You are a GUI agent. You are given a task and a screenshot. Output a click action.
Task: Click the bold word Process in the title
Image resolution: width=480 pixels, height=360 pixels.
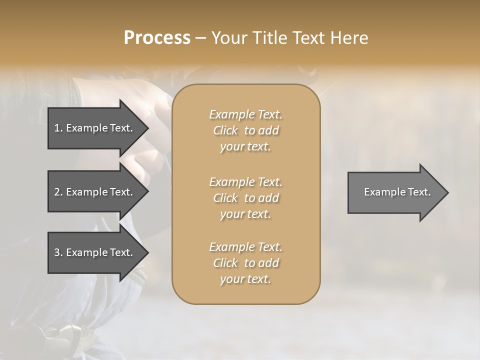pos(157,38)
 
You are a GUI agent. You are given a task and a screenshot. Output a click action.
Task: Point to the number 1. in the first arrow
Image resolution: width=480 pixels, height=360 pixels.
pos(58,128)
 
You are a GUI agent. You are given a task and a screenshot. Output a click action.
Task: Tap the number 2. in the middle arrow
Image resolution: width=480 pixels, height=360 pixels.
pos(58,192)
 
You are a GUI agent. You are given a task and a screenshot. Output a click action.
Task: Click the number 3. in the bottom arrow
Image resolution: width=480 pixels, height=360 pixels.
pos(58,252)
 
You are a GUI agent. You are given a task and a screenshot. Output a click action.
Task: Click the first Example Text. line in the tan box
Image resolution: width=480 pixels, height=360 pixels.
pos(245,114)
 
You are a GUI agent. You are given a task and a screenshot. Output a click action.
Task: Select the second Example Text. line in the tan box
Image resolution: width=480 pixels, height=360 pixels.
pos(245,182)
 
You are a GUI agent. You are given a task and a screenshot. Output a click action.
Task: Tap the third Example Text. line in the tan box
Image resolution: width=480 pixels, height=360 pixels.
pos(245,247)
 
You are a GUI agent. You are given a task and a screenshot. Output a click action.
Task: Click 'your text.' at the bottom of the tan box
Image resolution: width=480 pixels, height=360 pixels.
pos(245,279)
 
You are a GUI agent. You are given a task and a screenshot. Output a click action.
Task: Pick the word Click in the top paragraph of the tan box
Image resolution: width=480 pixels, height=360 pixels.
pos(225,130)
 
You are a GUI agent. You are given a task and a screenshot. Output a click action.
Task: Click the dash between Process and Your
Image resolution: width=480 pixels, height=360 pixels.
pos(200,38)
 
